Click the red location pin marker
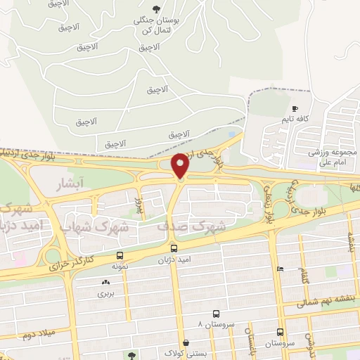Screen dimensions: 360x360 tap(181, 165)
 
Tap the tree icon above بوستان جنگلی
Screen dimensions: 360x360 tap(155, 8)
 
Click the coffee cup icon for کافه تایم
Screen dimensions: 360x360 tap(295, 109)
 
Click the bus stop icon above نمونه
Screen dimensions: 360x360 tap(120, 256)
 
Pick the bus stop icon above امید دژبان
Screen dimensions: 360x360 tap(174, 248)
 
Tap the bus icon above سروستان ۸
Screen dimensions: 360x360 tap(216, 315)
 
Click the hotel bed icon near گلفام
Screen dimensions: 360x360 tap(280, 269)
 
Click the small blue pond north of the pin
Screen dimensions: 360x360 tap(233, 134)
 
